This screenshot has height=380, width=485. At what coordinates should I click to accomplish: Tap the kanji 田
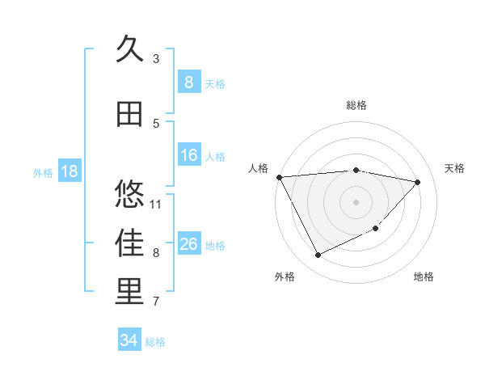[x=129, y=114]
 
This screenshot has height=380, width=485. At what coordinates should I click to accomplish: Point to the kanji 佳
[x=130, y=243]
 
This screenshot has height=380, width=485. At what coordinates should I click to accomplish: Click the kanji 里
[x=130, y=293]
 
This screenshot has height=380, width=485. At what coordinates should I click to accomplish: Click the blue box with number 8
[x=188, y=82]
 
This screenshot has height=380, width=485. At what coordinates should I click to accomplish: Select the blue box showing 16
[x=188, y=155]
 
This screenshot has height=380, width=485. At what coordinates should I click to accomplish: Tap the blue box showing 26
[x=188, y=244]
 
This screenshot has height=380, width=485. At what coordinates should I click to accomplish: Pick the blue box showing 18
[x=69, y=171]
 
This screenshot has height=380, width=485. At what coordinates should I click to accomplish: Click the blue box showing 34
[x=129, y=340]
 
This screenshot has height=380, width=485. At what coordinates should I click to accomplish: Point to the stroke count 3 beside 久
[x=156, y=58]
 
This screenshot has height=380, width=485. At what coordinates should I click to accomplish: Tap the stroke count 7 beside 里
[x=156, y=302]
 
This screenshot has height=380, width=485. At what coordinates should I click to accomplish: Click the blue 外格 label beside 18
[x=43, y=172]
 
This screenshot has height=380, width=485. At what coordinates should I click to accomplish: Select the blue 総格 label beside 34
[x=155, y=342]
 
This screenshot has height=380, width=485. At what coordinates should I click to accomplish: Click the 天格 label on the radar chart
[x=454, y=168]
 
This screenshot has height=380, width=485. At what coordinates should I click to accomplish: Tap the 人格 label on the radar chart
[x=258, y=168]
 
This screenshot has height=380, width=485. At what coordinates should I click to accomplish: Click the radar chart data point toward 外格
[x=318, y=255]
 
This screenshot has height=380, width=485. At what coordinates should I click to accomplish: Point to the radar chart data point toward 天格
[x=418, y=182]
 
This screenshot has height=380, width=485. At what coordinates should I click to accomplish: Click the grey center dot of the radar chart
[x=356, y=201]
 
